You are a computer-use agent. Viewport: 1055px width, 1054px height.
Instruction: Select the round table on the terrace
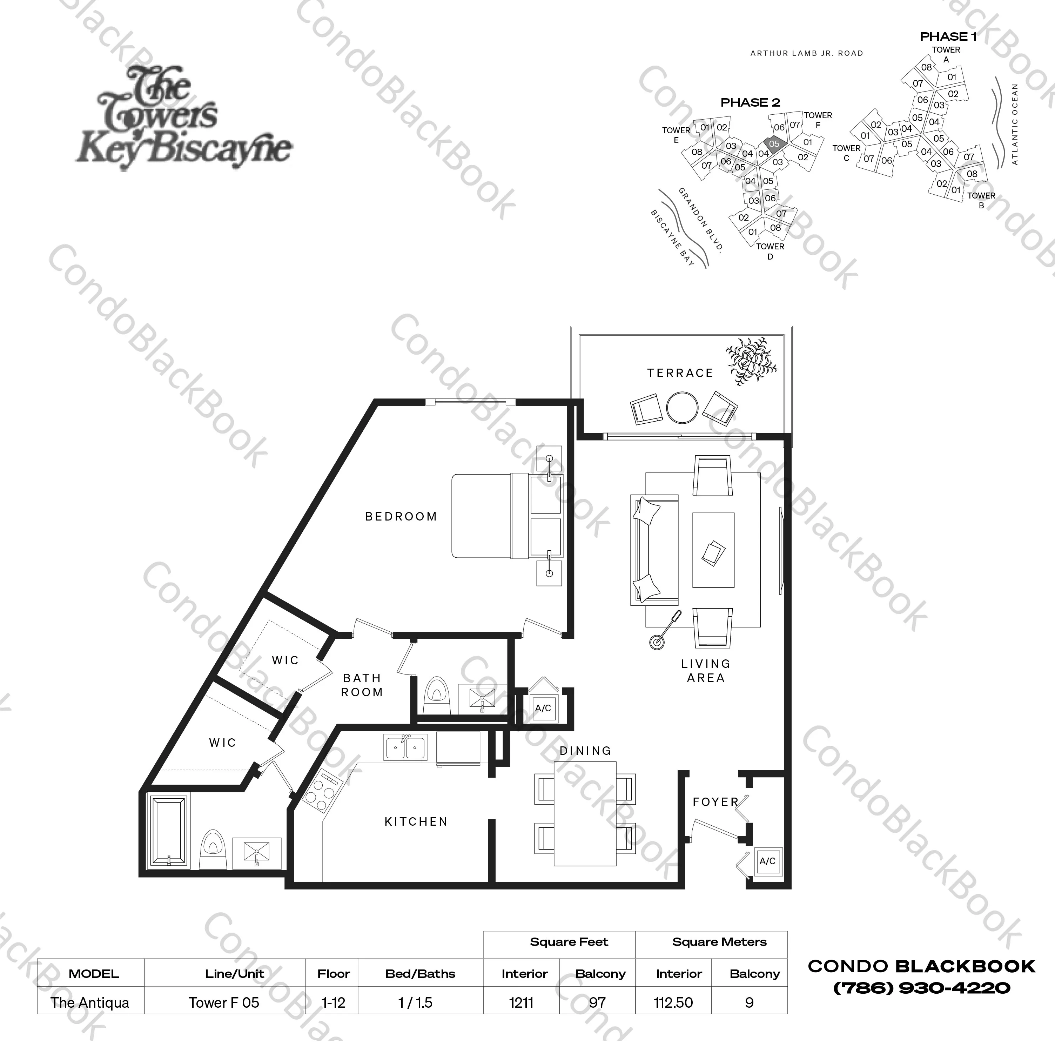682,408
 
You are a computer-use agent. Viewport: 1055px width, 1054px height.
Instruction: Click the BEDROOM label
401,517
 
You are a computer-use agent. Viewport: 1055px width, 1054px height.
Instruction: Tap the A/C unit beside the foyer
767,861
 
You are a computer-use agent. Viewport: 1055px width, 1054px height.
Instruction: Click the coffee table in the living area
713,550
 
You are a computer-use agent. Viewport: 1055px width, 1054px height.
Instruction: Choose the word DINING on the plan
585,751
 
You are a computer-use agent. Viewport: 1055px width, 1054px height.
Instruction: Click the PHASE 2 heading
750,103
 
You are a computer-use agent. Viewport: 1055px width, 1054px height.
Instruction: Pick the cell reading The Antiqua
90,1003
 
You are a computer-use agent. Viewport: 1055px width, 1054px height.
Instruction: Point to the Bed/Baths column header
420,974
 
